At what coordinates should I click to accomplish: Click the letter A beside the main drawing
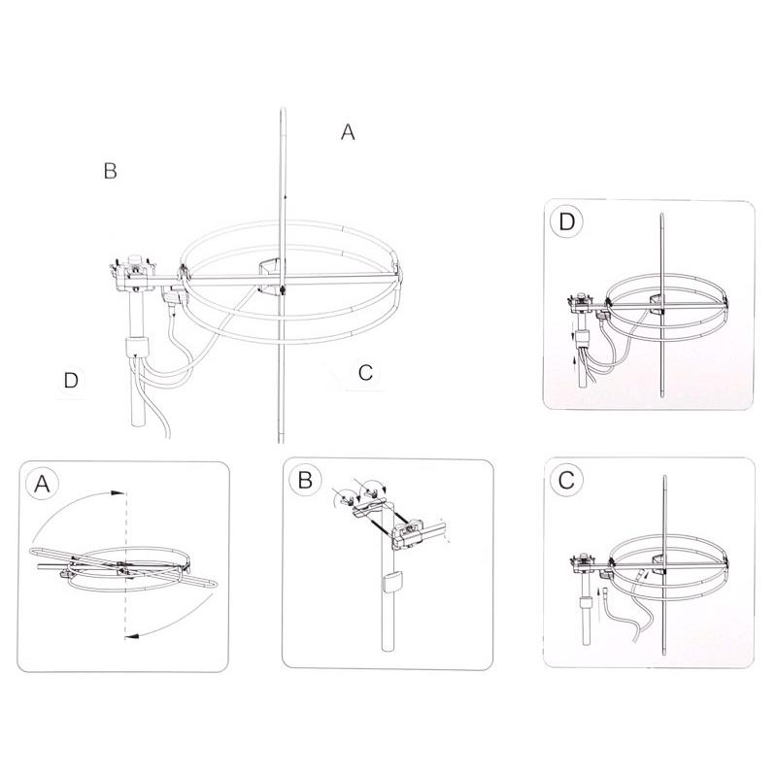(x=348, y=132)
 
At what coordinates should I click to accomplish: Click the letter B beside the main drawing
(x=111, y=171)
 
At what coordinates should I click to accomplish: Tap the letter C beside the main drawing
(x=366, y=372)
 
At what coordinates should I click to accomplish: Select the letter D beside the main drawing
(x=71, y=380)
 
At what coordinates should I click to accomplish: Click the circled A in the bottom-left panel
(x=43, y=484)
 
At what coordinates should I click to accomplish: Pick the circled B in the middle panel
(x=305, y=480)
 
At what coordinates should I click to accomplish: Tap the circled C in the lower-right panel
(x=566, y=480)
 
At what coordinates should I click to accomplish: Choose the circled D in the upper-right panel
(x=567, y=222)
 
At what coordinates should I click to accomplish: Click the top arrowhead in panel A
(x=117, y=493)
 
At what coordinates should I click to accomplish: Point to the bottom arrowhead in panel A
(x=131, y=635)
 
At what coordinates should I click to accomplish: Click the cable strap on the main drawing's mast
(x=137, y=348)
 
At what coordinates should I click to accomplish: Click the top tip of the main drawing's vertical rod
(x=283, y=108)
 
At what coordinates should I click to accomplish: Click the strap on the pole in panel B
(x=392, y=581)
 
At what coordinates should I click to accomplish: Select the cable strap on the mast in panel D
(x=583, y=338)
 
